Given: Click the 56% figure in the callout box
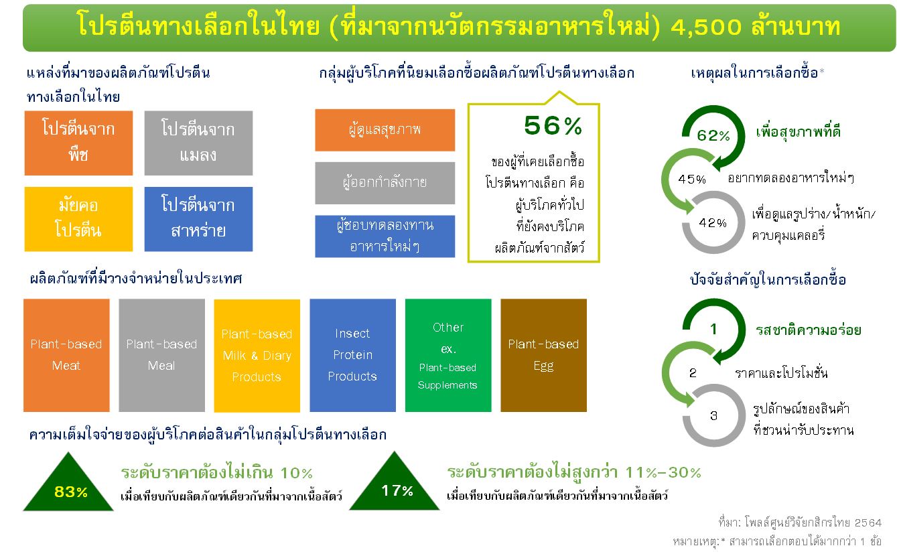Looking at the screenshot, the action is pos(553,126).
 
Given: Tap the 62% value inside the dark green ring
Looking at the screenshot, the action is pos(713,135).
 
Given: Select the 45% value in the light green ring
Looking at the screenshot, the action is pos(692,179).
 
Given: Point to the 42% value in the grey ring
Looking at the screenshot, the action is pos(713,222).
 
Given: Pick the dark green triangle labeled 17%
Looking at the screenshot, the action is pos(395,486).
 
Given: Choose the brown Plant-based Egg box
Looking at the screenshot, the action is pos(543,355).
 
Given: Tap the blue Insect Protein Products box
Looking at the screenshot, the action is pos(353,355).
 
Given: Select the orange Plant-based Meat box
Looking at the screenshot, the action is pos(66,355).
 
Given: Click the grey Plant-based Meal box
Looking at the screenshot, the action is pos(161,355).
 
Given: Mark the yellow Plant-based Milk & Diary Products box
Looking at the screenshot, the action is pos(257,356).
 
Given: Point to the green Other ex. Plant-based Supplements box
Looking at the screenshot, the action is pos(448,355).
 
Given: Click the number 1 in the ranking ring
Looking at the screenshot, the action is pos(713,329).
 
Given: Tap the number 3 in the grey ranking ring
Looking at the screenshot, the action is pos(713,416).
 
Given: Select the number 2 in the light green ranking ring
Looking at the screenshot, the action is pos(693,373).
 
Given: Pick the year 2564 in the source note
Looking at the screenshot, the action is pos(868,523).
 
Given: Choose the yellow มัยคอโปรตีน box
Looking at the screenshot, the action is pos(78,219).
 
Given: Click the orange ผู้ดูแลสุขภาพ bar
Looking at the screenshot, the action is pos(385,130).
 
